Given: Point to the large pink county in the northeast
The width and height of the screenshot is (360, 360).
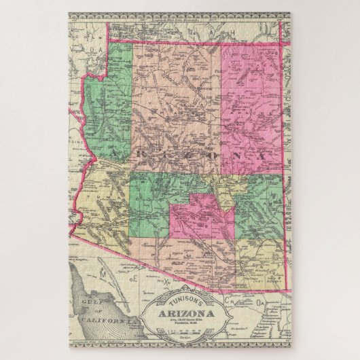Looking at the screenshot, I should [251, 102].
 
